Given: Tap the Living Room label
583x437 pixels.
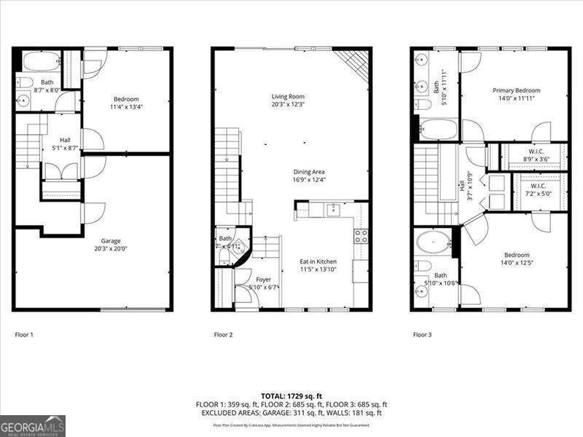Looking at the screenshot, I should pyautogui.click(x=288, y=96).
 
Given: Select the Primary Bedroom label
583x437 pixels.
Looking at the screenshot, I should pyautogui.click(x=513, y=90).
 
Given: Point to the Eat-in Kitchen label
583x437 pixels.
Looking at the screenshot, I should pyautogui.click(x=318, y=261).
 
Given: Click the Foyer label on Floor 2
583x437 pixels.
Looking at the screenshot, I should pyautogui.click(x=263, y=278).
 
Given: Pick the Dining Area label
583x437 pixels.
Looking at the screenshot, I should pyautogui.click(x=309, y=172).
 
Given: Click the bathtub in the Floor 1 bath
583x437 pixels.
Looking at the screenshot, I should pyautogui.click(x=41, y=60).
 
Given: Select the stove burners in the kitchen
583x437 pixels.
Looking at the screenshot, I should pyautogui.click(x=361, y=235).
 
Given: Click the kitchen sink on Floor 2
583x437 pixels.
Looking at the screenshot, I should pyautogui.click(x=333, y=210).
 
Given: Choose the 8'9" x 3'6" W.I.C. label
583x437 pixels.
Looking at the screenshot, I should pyautogui.click(x=539, y=151).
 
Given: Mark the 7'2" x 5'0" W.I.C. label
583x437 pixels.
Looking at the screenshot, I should pyautogui.click(x=539, y=187).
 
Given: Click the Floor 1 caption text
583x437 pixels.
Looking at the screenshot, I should pyautogui.click(x=24, y=335).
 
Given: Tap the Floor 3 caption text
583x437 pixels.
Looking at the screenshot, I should pyautogui.click(x=422, y=335).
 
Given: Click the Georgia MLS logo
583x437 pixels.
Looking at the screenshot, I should pyautogui.click(x=33, y=425).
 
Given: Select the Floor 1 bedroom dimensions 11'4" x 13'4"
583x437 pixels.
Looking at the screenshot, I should pyautogui.click(x=125, y=106).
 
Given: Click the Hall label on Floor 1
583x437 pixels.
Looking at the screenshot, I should pyautogui.click(x=66, y=141).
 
